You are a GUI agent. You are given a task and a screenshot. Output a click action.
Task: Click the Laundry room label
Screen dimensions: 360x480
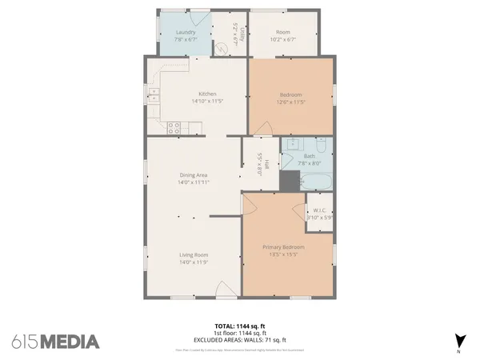(x=185, y=32)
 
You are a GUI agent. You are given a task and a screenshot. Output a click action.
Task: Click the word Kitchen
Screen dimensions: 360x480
(x=197, y=94)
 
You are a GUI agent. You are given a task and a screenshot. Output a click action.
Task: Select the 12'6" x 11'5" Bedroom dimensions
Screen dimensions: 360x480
(x=290, y=102)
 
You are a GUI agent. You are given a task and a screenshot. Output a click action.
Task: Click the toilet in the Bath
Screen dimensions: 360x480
(x=319, y=146)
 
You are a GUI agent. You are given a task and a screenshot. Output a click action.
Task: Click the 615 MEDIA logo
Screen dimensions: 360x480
(x=56, y=341)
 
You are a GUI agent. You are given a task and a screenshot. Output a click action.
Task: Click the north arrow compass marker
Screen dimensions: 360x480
(x=459, y=340)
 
